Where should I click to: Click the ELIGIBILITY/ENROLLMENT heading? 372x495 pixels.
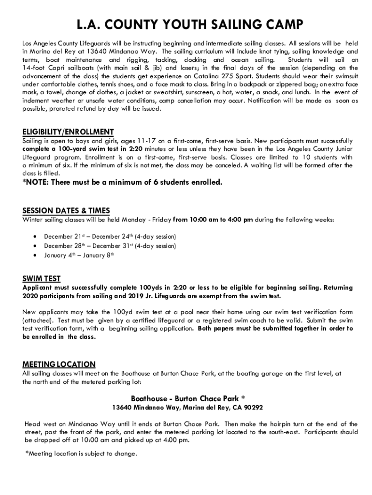coord(68,132)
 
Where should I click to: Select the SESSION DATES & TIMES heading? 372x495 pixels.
coord(66,211)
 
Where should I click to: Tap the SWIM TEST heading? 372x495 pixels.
coord(42,278)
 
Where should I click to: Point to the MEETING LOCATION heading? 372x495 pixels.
coord(59,364)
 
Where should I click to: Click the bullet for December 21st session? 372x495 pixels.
coord(34,237)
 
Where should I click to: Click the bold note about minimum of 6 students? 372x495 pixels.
coord(122,182)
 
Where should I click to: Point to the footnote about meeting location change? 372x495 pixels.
coord(81,453)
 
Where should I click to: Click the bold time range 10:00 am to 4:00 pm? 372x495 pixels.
coord(213,220)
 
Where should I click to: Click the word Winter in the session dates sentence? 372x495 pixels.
coord(33,220)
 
